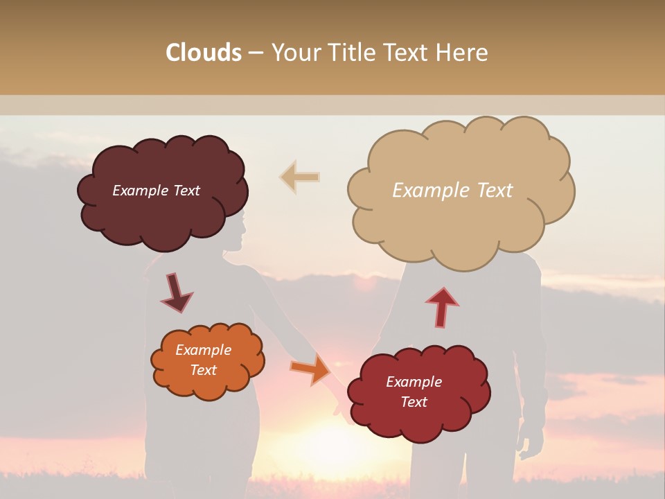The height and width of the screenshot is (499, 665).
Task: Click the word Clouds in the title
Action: tap(204, 53)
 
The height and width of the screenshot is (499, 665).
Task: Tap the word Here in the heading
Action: tap(461, 53)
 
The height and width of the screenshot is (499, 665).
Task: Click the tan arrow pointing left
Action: tap(299, 177)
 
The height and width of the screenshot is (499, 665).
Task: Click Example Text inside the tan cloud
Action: tap(452, 191)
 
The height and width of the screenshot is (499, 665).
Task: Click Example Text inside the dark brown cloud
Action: tap(156, 191)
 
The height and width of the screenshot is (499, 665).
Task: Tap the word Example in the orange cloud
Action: tap(203, 350)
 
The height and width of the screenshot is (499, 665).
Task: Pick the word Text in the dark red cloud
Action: tap(414, 402)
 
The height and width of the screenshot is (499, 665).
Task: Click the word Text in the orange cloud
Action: tap(203, 370)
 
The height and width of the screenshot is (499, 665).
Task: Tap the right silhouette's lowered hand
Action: tap(530, 444)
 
